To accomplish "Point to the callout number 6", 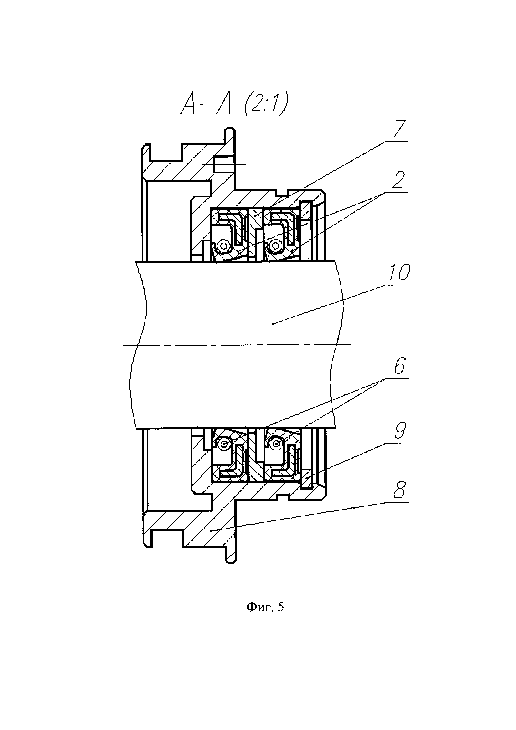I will (399, 366).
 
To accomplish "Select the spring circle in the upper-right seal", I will (275, 246).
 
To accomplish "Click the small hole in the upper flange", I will (224, 164).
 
